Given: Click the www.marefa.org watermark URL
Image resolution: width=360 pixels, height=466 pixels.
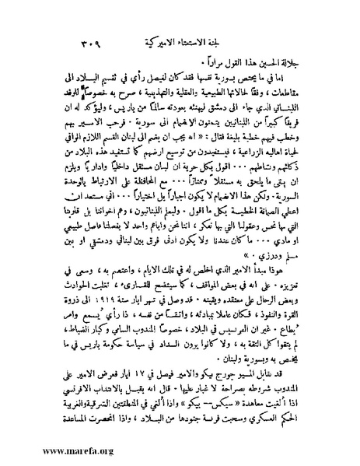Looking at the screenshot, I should [x=51, y=448].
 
